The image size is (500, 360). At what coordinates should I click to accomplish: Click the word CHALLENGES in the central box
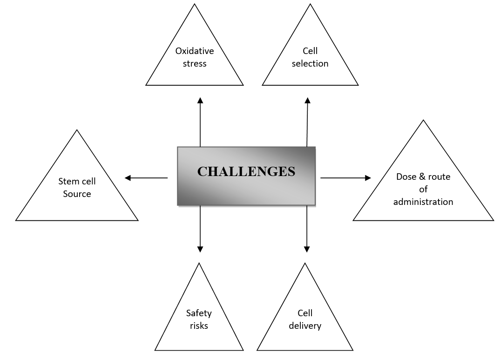(246, 172)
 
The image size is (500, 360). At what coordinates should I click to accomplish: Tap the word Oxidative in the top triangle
(195, 51)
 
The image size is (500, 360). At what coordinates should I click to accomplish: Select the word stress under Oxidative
(195, 64)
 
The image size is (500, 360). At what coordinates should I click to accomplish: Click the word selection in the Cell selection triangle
(310, 64)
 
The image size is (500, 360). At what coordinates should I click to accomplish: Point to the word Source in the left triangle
(77, 194)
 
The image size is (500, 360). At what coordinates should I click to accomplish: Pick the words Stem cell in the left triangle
(77, 182)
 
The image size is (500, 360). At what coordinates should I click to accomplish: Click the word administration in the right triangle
(423, 202)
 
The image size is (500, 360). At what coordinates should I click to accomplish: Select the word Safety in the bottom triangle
(199, 313)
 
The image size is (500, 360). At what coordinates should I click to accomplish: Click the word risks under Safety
(199, 326)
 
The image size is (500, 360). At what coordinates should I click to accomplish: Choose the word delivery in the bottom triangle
(305, 326)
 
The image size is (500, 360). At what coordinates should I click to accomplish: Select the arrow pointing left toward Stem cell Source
(146, 178)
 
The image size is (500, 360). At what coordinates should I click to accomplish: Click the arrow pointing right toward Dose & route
(345, 178)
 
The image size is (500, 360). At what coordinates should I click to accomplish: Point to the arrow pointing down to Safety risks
(200, 228)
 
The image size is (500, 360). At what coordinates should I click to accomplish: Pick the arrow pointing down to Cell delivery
(306, 228)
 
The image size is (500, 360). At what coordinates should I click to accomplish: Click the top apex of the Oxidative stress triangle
(195, 5)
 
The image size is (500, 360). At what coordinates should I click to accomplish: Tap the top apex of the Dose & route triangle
(423, 121)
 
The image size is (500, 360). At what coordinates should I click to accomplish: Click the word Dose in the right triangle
(405, 177)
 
